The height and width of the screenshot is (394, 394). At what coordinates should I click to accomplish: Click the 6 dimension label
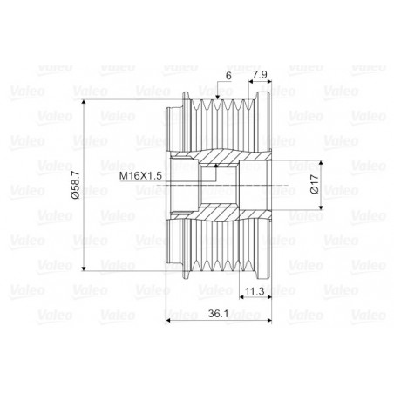[x=228, y=77]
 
